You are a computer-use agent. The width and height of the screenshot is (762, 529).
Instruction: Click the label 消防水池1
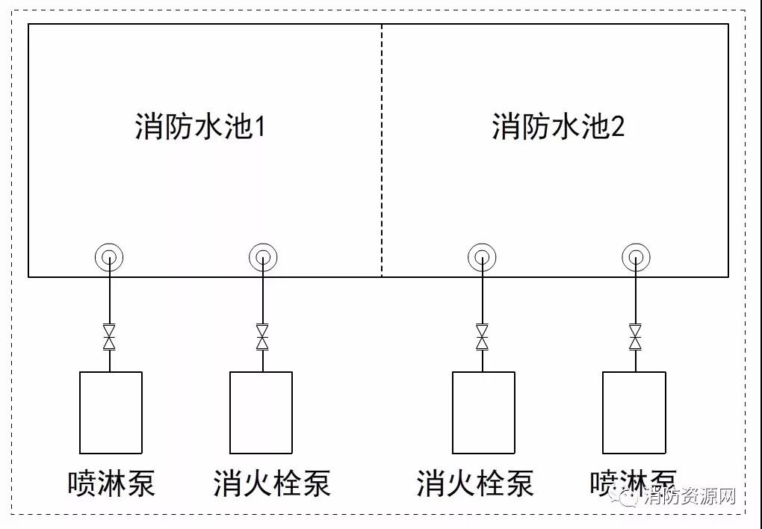(x=200, y=127)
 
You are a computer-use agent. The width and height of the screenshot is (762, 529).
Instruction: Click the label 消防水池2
(x=557, y=127)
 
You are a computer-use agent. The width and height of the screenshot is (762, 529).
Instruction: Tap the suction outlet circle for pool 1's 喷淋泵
(x=110, y=259)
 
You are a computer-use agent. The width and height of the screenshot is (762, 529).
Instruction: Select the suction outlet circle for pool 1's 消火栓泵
(x=262, y=259)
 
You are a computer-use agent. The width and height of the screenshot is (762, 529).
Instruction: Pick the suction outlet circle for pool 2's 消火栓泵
(x=482, y=259)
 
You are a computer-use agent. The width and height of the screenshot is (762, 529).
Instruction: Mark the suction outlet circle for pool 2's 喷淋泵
(x=635, y=259)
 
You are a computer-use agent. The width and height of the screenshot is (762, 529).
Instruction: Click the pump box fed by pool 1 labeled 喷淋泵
(x=111, y=412)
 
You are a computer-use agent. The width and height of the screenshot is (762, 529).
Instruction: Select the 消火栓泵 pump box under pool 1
(x=261, y=412)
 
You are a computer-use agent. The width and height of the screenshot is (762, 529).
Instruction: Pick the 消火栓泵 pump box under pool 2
(x=483, y=412)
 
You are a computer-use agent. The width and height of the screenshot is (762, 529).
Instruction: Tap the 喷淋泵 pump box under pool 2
(x=634, y=412)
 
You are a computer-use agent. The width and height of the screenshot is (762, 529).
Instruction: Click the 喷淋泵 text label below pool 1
(x=111, y=483)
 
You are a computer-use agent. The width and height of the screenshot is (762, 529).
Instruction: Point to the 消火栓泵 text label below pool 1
(x=271, y=483)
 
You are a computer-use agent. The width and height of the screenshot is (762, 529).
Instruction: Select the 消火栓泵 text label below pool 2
(x=475, y=483)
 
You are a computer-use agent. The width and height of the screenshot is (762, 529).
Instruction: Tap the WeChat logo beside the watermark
(x=625, y=496)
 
